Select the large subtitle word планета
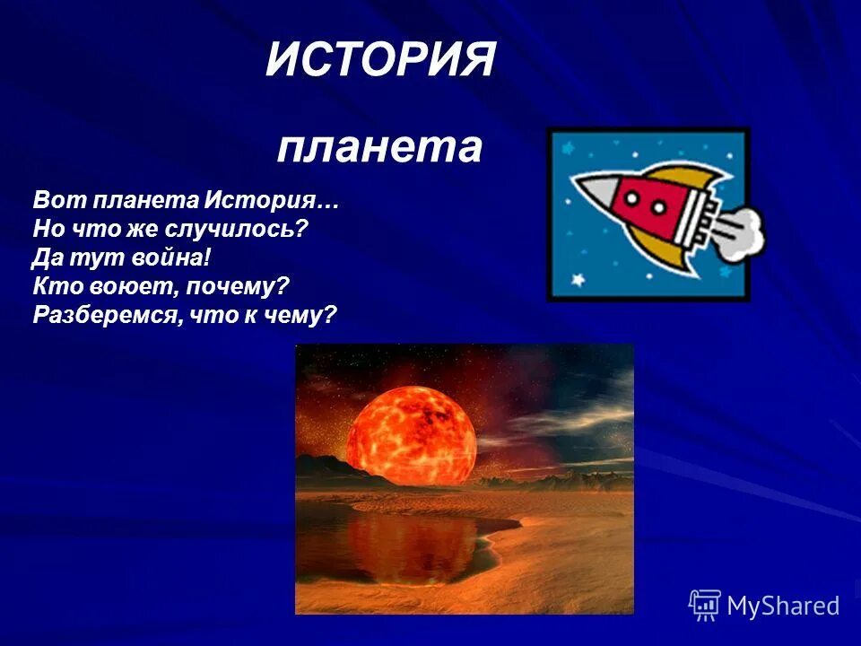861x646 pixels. coord(379,148)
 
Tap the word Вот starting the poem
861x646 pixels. coord(52,199)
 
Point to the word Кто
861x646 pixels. coord(52,287)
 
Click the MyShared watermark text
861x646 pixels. coord(782,607)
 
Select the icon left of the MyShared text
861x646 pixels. coord(705,606)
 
